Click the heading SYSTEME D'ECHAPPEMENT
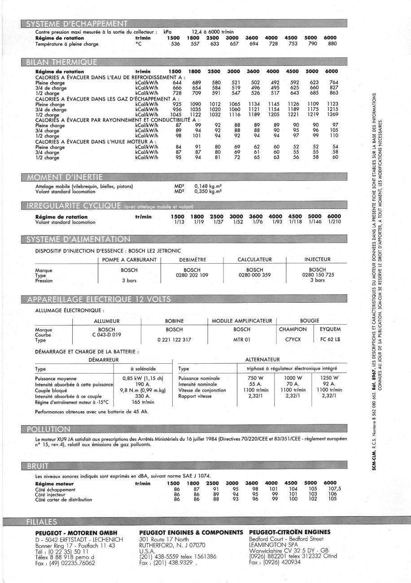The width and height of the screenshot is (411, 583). pos(77,24)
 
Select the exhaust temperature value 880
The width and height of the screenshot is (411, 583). pos(332,44)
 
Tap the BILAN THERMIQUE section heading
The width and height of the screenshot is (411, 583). pos(61,61)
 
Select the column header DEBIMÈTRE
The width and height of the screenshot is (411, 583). pos(192,259)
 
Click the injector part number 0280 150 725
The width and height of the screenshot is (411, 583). pos(318,275)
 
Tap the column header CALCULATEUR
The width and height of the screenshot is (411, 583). pos(254,259)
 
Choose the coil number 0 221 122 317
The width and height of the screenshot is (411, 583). pos(175,340)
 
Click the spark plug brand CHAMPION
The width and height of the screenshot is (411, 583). pos(293,330)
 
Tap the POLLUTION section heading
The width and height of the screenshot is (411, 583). pos(49,430)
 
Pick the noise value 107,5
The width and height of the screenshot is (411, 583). pos(332,489)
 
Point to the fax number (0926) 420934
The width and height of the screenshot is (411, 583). pos(275,562)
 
